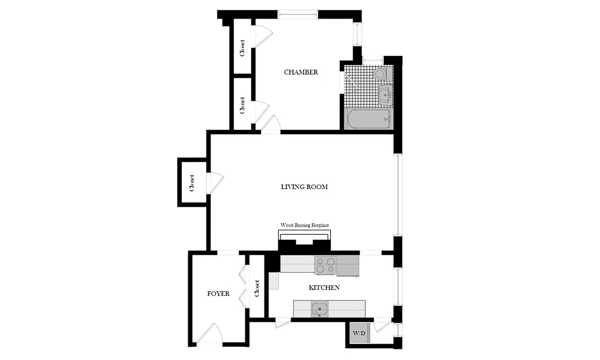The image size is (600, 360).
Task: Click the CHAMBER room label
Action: (x=301, y=72)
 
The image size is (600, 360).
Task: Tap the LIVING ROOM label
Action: (x=304, y=187)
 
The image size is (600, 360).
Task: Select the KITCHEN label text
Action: (x=324, y=288)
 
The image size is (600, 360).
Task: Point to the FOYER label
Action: (x=218, y=294)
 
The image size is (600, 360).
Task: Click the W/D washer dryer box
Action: (x=358, y=334)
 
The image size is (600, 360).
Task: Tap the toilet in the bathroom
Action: (x=380, y=73)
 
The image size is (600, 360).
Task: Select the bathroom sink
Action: (x=384, y=95)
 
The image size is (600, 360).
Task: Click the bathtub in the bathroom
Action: (x=368, y=119)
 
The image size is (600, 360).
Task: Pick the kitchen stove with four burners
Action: (x=325, y=265)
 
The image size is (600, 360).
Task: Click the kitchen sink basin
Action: (x=320, y=309)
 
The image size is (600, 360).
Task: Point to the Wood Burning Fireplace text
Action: (x=305, y=225)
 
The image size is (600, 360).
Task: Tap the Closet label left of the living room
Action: (x=192, y=183)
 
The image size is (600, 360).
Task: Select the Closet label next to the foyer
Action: (x=257, y=288)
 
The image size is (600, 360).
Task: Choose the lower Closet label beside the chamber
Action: (x=242, y=105)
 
